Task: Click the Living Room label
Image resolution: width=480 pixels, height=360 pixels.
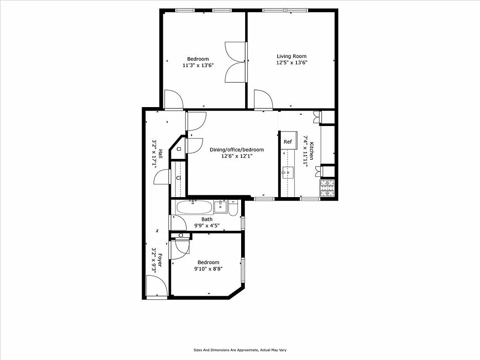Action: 291,56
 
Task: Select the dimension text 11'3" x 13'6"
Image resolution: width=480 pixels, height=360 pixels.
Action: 198,65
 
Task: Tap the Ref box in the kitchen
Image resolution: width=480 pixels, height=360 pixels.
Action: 287,142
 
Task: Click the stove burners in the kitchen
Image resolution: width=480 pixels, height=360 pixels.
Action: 327,188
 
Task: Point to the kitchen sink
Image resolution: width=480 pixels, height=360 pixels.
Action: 287,171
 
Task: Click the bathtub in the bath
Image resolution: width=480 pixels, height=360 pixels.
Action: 194,207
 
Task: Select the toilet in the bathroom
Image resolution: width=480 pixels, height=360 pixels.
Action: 233,209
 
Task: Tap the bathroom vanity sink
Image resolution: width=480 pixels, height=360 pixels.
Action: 220,207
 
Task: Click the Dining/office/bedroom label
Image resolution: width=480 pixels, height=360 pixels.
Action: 237,150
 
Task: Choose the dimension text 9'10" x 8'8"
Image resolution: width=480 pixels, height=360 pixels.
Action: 208,269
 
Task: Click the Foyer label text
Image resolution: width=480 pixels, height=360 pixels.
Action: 159,261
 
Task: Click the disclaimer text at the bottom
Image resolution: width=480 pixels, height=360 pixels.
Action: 240,350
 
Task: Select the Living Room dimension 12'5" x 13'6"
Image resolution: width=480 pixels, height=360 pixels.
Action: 292,63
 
